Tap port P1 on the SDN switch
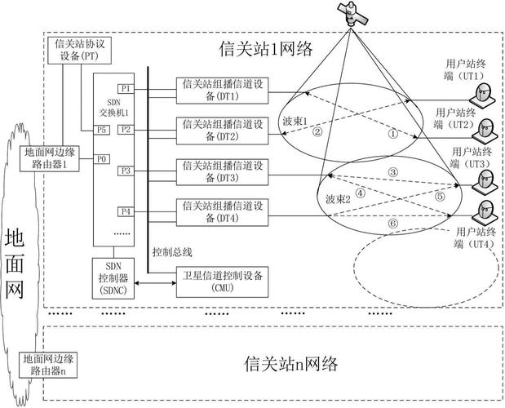[x=125, y=88]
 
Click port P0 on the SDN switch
[x=101, y=158]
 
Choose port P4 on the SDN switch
[x=125, y=211]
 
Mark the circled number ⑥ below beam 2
[x=392, y=221]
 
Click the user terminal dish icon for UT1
[x=485, y=94]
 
